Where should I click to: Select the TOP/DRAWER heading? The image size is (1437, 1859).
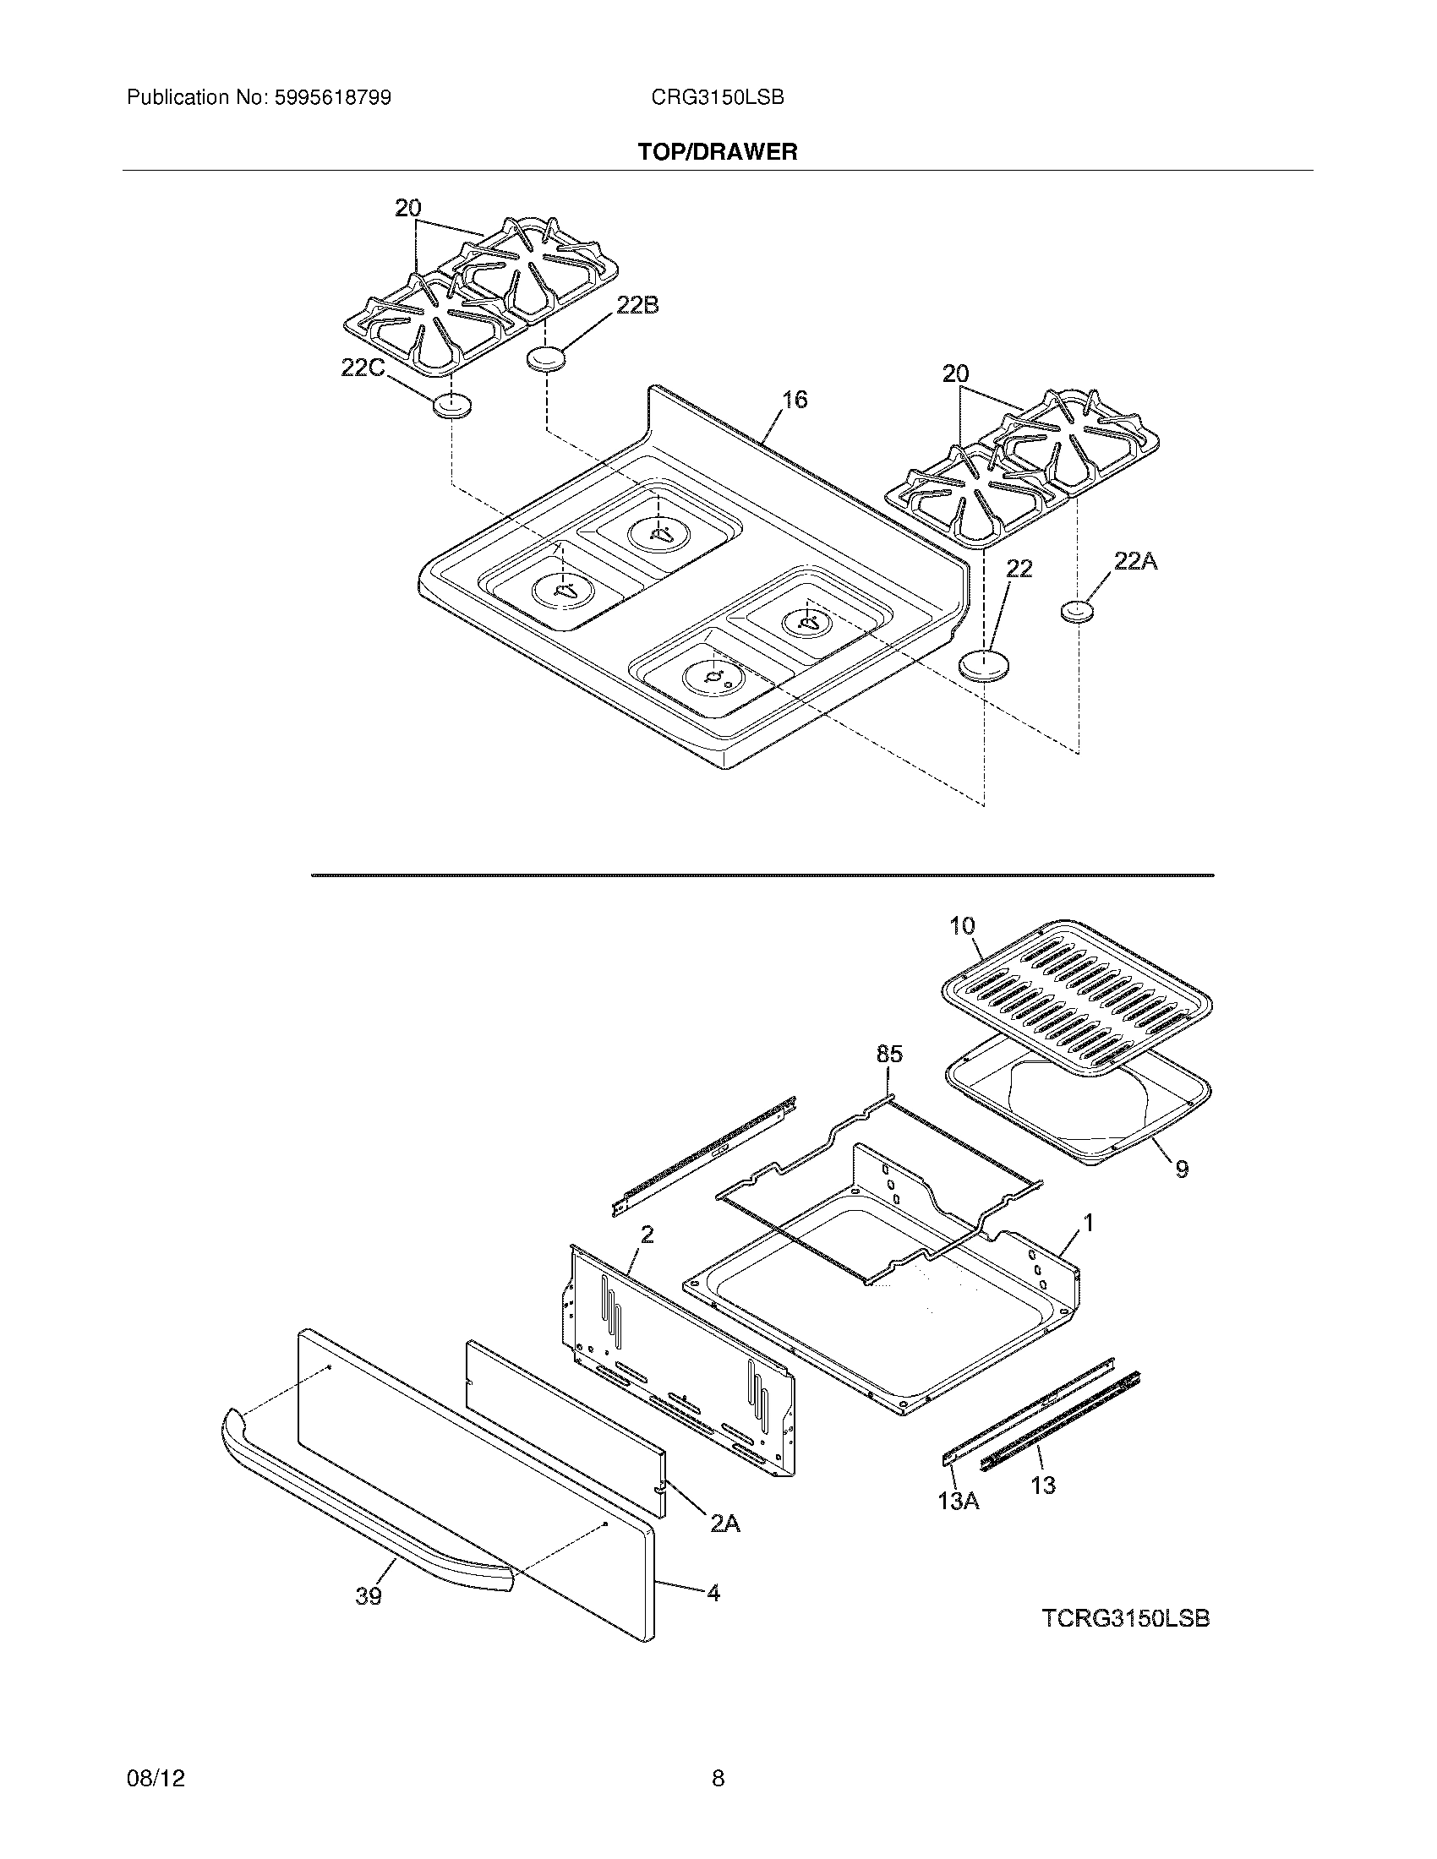(718, 152)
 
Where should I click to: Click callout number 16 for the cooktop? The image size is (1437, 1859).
(795, 399)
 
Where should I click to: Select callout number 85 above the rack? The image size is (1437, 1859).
(888, 1055)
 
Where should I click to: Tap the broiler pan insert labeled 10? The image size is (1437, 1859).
(1076, 994)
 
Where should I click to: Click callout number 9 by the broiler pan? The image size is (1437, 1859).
(1182, 1169)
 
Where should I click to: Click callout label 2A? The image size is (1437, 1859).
(725, 1524)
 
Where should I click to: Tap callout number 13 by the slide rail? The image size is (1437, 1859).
(1043, 1486)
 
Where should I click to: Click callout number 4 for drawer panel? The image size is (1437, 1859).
(713, 1592)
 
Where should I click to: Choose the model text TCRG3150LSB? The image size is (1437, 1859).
(1125, 1617)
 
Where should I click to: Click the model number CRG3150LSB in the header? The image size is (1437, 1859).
(717, 98)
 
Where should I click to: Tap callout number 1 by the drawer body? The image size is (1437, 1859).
(1088, 1224)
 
